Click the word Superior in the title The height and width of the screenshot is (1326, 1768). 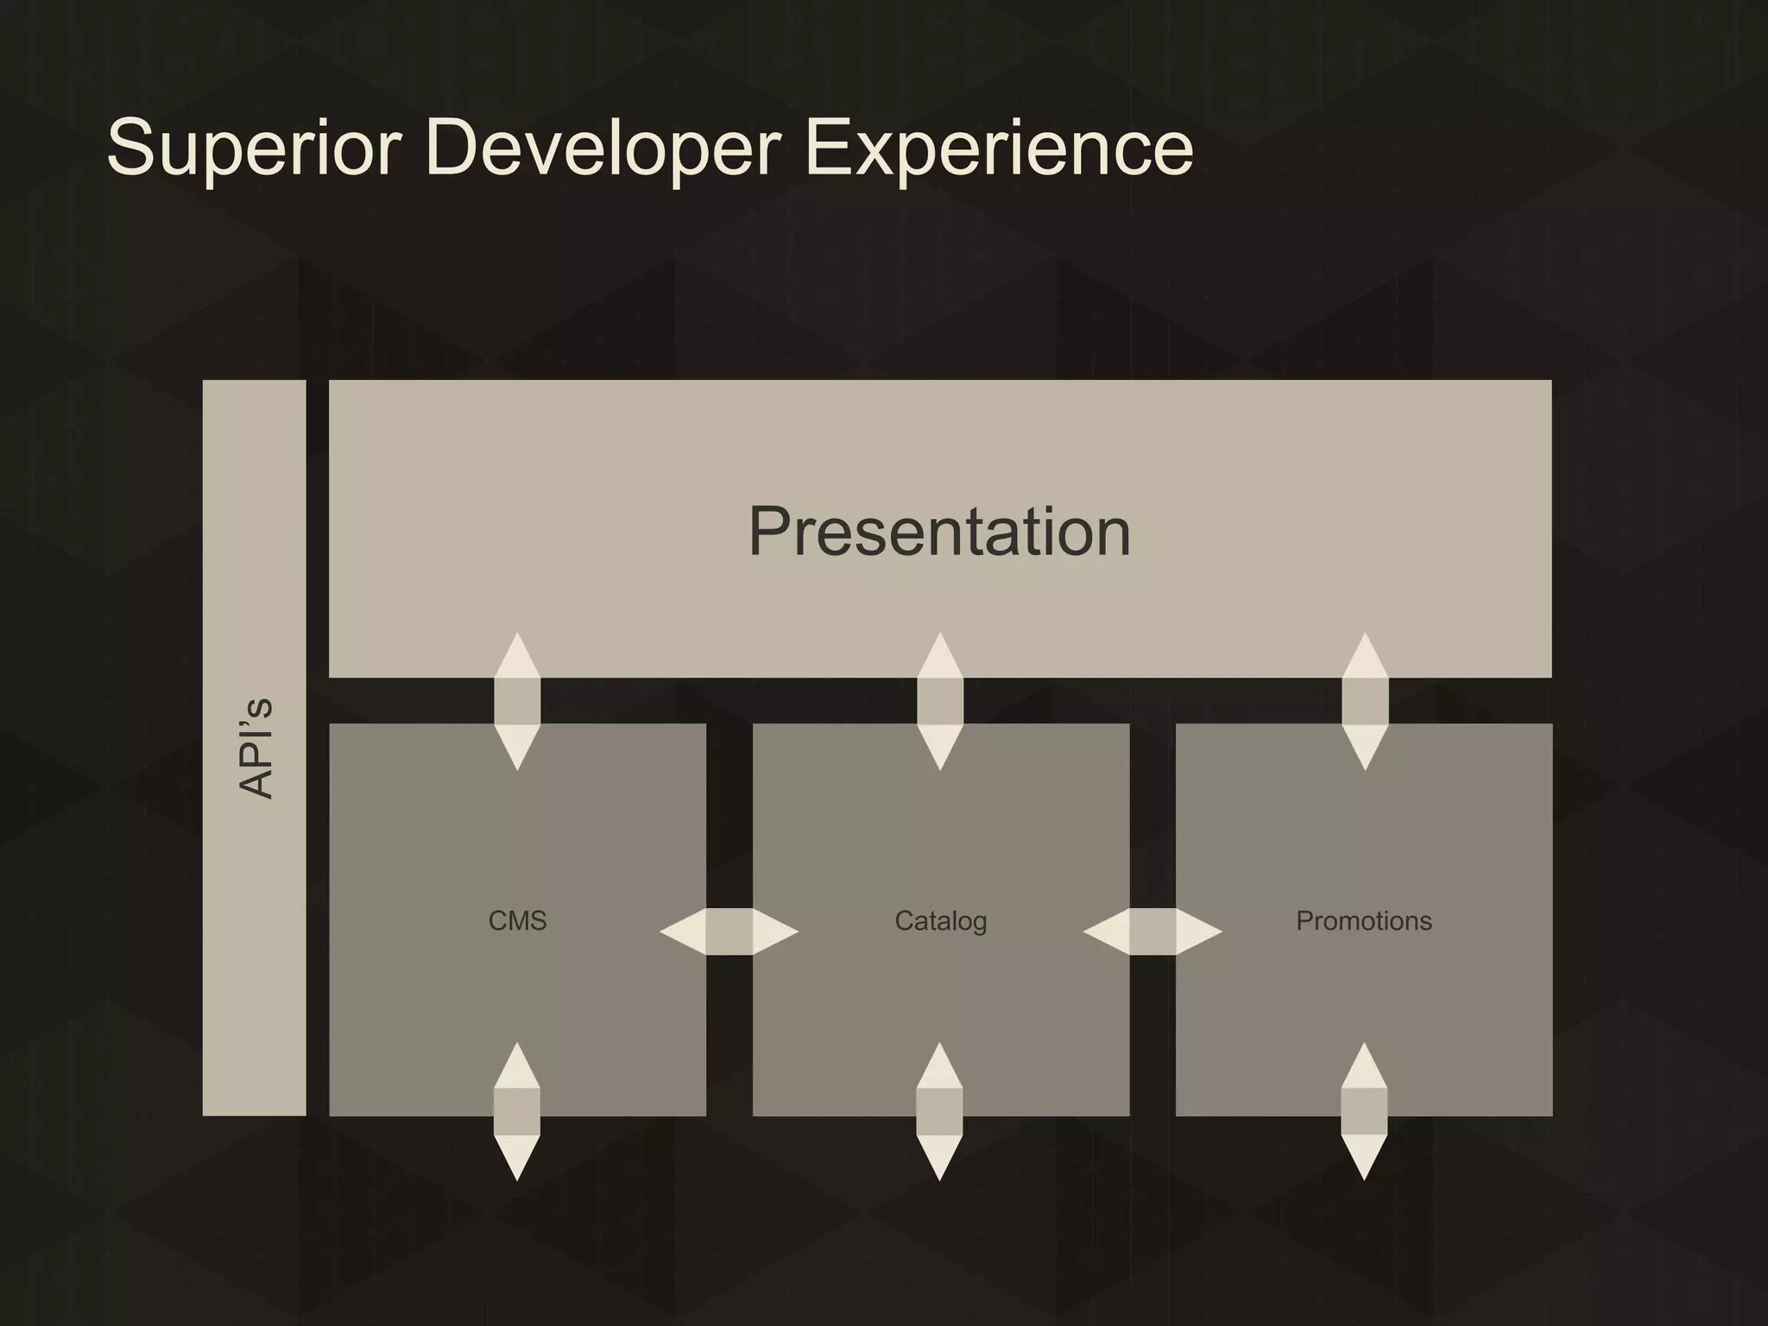254,148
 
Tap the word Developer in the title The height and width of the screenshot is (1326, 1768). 603,148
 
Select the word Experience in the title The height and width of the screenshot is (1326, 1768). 998,148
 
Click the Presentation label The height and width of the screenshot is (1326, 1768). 939,532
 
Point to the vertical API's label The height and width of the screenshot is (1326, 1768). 256,748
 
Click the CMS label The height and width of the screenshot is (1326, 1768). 517,921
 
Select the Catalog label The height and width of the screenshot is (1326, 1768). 940,921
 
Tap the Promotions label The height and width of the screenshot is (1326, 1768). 1363,921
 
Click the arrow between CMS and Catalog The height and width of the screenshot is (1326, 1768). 729,931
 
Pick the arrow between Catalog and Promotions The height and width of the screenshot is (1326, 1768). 1152,931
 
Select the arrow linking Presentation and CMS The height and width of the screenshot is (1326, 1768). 517,701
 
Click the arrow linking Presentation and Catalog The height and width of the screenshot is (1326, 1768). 939,701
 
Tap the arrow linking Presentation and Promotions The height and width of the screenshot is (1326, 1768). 1365,701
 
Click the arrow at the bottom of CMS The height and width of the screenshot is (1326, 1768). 517,1111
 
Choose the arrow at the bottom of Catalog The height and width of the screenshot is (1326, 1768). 939,1111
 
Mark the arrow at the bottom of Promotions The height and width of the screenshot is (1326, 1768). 1364,1111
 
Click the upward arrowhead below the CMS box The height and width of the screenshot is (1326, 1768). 517,1067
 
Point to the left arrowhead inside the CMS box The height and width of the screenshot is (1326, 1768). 685,931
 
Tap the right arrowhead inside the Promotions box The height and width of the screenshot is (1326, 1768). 1198,931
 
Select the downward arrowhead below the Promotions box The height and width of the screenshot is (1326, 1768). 1364,1157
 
